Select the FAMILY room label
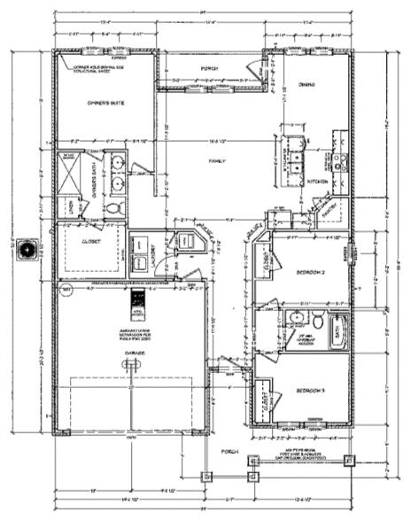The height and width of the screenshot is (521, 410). [216, 161]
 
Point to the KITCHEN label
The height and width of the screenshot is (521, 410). [317, 182]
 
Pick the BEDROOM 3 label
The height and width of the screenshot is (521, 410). [311, 391]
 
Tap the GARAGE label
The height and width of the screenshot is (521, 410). [135, 354]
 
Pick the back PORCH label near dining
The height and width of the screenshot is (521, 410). [209, 68]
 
